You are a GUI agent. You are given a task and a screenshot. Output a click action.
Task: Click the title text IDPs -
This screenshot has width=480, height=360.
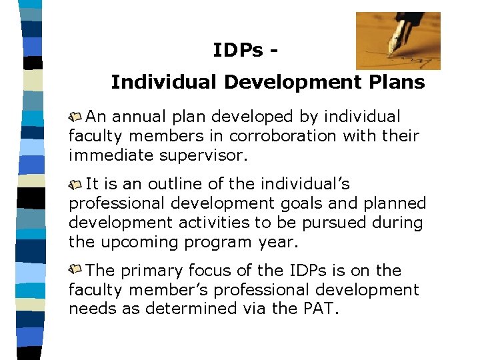coord(244,50)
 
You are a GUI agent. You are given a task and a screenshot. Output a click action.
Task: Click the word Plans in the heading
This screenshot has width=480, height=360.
coord(393,82)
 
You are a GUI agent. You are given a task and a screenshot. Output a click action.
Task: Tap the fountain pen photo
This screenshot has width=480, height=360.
coord(397,41)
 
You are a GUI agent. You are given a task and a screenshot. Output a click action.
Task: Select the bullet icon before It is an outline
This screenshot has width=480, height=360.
coord(75,184)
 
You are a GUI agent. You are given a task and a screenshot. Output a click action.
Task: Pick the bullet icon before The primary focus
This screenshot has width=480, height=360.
coord(75,271)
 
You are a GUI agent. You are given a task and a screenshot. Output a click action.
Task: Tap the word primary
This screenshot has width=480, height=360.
coord(150,271)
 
